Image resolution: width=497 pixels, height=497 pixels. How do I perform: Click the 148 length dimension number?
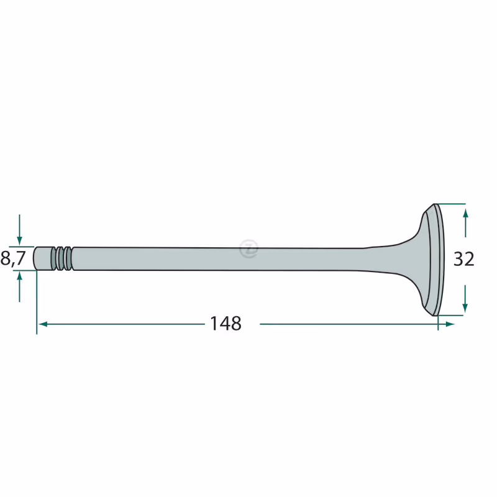[226, 324]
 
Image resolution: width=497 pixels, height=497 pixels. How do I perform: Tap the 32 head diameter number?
[463, 258]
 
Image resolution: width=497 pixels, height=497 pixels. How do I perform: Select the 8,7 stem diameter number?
[13, 258]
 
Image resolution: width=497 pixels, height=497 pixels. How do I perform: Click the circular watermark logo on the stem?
[249, 248]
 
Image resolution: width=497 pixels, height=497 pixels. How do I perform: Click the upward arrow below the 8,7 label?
[19, 287]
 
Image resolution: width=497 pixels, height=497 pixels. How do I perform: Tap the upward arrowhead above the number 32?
[465, 213]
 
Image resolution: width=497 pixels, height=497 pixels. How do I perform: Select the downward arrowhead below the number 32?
[465, 308]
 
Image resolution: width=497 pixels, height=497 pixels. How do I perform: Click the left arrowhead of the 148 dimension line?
[43, 324]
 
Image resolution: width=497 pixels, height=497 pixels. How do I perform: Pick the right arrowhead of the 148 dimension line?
[450, 324]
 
